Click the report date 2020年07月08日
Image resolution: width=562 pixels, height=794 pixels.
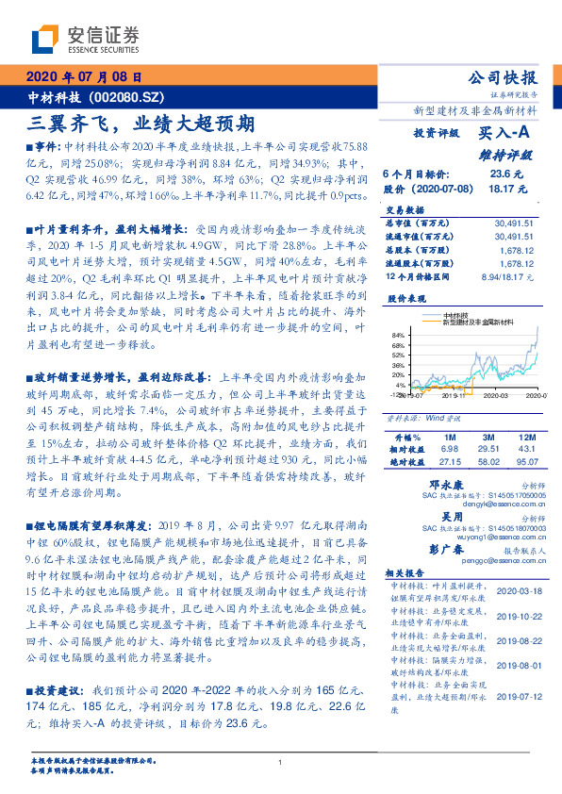[84, 77]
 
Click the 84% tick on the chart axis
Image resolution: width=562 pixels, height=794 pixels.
[400, 336]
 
